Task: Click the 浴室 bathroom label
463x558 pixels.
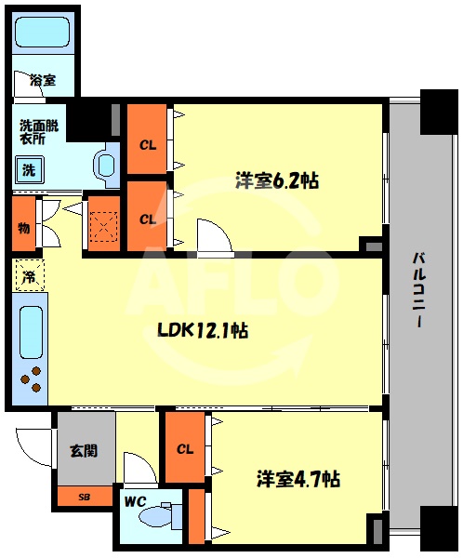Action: click(x=42, y=81)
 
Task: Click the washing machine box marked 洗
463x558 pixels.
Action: click(x=29, y=170)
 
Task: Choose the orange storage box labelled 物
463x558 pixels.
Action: click(x=22, y=226)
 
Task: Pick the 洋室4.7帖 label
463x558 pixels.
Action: click(x=298, y=479)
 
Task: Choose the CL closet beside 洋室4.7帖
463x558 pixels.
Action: click(x=185, y=448)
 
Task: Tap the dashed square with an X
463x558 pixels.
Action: click(x=103, y=223)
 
